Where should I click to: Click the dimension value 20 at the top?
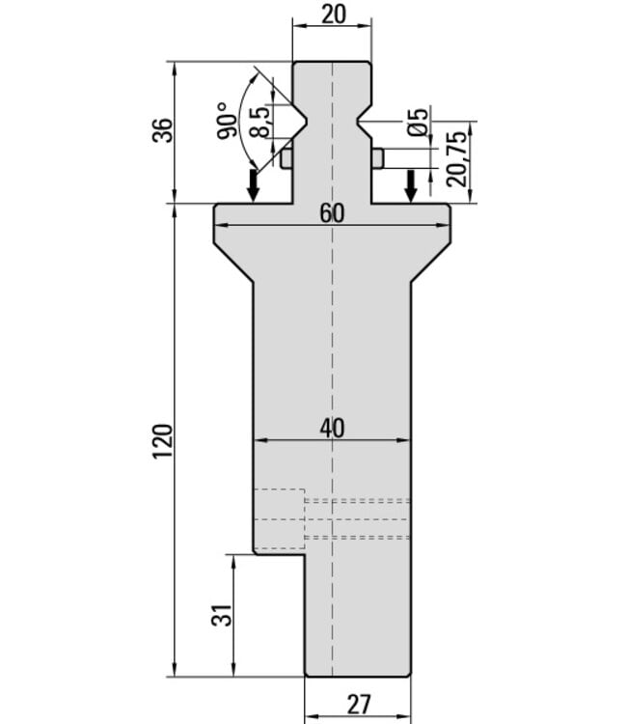333,14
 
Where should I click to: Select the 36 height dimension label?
162,130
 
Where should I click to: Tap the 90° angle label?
228,121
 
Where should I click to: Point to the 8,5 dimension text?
260,122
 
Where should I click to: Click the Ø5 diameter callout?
419,123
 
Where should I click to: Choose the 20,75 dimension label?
457,158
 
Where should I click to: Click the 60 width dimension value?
332,213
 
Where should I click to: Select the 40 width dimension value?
332,429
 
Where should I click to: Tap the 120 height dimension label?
162,440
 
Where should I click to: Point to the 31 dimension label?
222,615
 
